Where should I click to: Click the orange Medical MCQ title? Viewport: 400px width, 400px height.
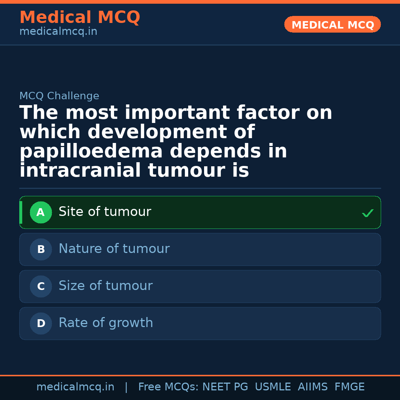[x=80, y=17]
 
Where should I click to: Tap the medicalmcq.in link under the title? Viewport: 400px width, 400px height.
[x=58, y=32]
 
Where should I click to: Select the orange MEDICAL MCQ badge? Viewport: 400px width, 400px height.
[x=332, y=24]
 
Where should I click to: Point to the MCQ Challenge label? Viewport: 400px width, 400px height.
[x=59, y=96]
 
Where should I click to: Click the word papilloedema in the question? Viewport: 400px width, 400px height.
[x=91, y=152]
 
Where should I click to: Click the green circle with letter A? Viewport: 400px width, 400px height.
[x=41, y=213]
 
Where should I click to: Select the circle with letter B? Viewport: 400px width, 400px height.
[x=41, y=250]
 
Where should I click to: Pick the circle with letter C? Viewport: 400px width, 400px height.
[x=41, y=287]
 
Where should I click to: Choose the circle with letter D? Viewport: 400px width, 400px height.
[x=41, y=324]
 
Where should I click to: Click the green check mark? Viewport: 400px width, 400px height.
[x=367, y=213]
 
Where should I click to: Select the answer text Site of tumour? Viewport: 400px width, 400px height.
[x=105, y=212]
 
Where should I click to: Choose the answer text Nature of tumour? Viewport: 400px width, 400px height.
[x=114, y=249]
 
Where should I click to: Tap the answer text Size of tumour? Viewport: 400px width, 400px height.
[x=106, y=286]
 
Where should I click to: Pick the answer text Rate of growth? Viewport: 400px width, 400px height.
[x=106, y=323]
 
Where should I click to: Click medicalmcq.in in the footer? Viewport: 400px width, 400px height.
[x=75, y=387]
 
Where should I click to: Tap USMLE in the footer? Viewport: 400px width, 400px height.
[x=273, y=387]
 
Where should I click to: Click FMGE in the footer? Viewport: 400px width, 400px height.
[x=349, y=387]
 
